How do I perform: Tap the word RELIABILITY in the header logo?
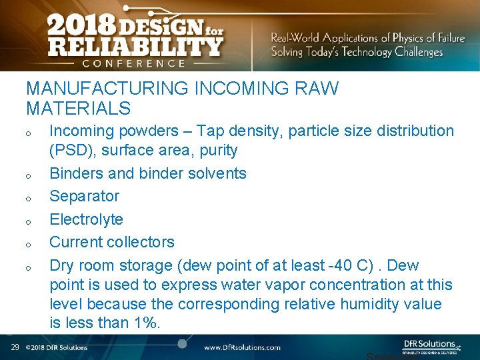point(134,47)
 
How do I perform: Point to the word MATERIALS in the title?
point(78,107)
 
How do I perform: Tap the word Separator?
point(85,196)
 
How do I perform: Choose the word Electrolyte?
point(87,219)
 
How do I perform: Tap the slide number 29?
point(15,347)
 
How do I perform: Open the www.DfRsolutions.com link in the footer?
point(242,347)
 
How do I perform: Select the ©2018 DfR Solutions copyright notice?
point(57,347)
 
